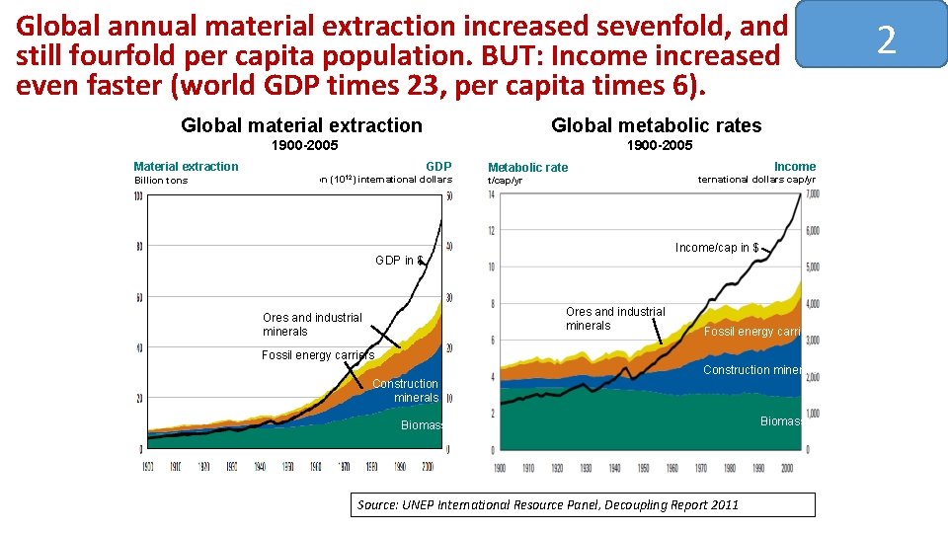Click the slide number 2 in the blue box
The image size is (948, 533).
tap(886, 40)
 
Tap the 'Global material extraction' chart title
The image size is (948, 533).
tap(301, 125)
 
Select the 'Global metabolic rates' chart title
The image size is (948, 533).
tap(656, 125)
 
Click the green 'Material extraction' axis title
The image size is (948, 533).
tap(186, 167)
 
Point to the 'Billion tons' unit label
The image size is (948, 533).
tap(160, 181)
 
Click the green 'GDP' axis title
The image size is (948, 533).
tap(438, 167)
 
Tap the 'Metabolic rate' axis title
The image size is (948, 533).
tap(527, 168)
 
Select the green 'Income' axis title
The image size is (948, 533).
tap(794, 167)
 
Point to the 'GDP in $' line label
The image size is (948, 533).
tap(399, 261)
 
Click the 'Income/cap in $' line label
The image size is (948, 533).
tap(716, 248)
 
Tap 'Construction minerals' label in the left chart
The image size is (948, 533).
tap(405, 391)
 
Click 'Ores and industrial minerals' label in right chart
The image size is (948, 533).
tap(615, 319)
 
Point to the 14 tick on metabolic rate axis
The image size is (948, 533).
tap(491, 194)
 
